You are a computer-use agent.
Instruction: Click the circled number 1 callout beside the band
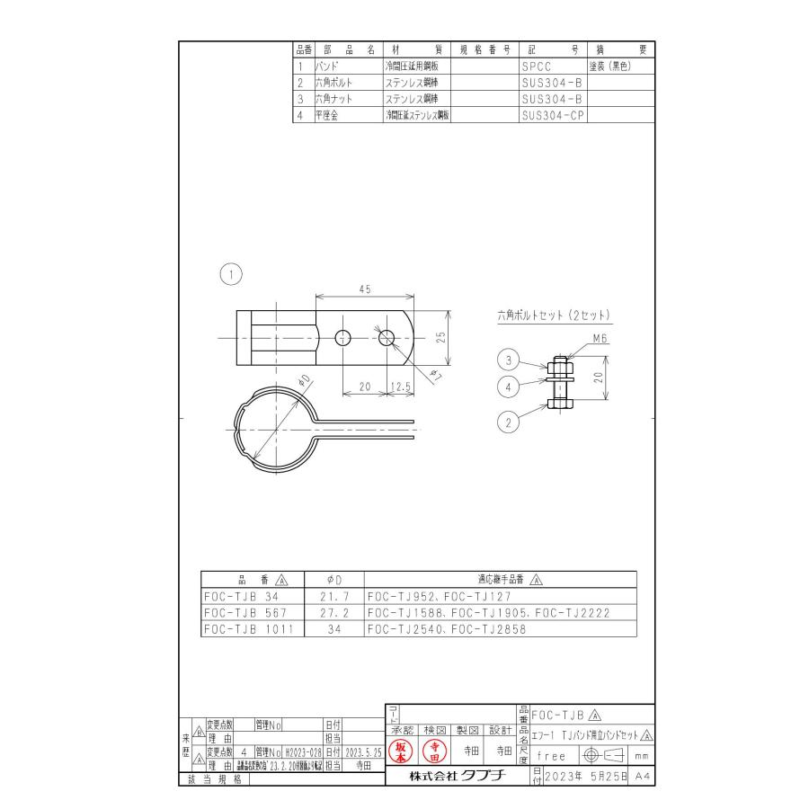[x=232, y=273]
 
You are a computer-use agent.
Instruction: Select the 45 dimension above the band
[x=363, y=289]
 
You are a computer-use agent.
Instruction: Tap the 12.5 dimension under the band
[x=401, y=386]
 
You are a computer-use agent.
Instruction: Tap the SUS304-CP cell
[x=551, y=115]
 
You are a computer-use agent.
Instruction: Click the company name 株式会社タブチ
[x=456, y=775]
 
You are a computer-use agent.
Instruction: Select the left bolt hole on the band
[x=343, y=337]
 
